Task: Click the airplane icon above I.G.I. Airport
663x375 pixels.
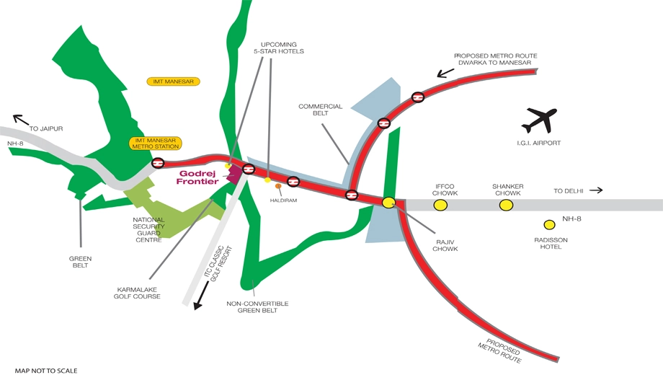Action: click(x=539, y=120)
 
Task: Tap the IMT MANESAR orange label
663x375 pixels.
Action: click(x=174, y=81)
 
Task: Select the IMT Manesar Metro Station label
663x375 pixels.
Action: click(x=156, y=143)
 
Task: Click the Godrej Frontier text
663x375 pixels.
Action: click(x=197, y=177)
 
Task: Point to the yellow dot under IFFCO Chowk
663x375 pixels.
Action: click(x=440, y=206)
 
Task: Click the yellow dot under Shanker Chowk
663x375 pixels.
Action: click(x=506, y=206)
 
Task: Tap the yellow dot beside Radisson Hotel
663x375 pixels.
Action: click(x=549, y=224)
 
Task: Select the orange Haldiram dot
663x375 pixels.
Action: click(x=278, y=186)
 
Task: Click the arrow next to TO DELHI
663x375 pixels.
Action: click(x=596, y=190)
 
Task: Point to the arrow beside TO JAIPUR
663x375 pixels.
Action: click(x=21, y=120)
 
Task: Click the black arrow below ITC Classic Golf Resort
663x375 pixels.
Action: click(x=201, y=296)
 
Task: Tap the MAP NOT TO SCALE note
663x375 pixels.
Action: click(x=46, y=371)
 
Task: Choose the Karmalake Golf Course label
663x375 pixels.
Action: click(x=137, y=293)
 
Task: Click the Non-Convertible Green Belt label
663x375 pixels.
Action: click(x=257, y=307)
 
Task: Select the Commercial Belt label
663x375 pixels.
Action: click(x=321, y=110)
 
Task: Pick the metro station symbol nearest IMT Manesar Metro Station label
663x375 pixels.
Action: click(x=158, y=163)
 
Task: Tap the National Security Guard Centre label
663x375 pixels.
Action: click(x=149, y=230)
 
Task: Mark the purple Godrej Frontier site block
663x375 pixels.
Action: click(x=233, y=174)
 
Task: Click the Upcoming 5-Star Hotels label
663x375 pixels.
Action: click(x=279, y=48)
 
